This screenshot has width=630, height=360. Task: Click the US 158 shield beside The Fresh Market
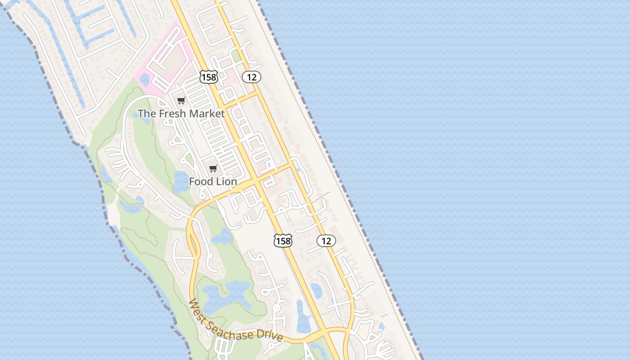(209, 77)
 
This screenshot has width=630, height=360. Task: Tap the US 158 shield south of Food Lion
(283, 241)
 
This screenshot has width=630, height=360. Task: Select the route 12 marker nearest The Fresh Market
(252, 77)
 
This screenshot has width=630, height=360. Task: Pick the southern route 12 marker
(326, 241)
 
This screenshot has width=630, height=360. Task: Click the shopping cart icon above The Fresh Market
(181, 101)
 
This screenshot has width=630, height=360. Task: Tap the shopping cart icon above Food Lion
(213, 169)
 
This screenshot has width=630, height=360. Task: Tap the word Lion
(226, 182)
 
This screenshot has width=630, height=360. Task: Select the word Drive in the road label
(270, 336)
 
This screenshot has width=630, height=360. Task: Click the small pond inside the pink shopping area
(144, 79)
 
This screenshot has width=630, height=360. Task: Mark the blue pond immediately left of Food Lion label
(181, 182)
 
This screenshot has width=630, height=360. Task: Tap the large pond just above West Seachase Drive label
(225, 295)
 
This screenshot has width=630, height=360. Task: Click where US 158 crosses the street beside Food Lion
(255, 180)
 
